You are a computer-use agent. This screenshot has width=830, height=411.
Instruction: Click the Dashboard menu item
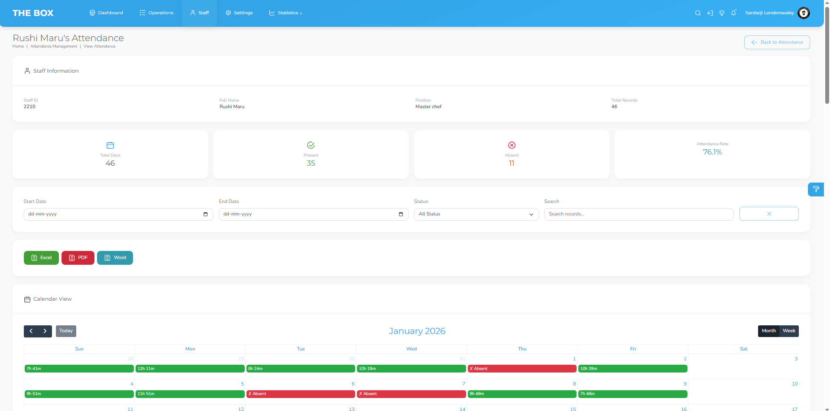(x=106, y=13)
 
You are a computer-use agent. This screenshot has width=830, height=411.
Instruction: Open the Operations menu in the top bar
(x=156, y=13)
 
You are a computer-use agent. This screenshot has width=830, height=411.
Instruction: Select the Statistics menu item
(x=285, y=13)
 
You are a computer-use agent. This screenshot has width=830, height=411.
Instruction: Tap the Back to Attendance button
(x=777, y=42)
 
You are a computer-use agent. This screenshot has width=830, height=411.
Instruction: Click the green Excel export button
(x=41, y=258)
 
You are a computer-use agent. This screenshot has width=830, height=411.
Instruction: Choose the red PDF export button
(x=78, y=258)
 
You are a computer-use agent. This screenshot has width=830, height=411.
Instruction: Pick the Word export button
(x=115, y=258)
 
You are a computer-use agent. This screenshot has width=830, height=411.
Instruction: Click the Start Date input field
(x=118, y=214)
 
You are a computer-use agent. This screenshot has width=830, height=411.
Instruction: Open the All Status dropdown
(x=476, y=214)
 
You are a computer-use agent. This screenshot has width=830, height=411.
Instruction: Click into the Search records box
(x=639, y=214)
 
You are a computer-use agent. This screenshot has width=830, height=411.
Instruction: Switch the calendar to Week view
(x=789, y=331)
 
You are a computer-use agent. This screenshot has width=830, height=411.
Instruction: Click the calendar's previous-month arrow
(x=31, y=331)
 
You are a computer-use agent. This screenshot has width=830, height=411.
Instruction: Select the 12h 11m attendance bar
(x=190, y=369)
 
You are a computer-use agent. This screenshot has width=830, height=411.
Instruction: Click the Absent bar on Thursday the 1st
(x=522, y=369)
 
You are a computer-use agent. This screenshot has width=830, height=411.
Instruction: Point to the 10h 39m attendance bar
(x=633, y=369)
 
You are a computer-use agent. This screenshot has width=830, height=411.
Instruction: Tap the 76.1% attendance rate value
(x=712, y=152)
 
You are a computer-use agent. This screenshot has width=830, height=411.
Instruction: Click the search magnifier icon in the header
(x=697, y=13)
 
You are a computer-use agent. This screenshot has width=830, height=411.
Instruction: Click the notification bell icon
(x=733, y=13)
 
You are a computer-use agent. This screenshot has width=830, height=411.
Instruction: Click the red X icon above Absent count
(x=512, y=145)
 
